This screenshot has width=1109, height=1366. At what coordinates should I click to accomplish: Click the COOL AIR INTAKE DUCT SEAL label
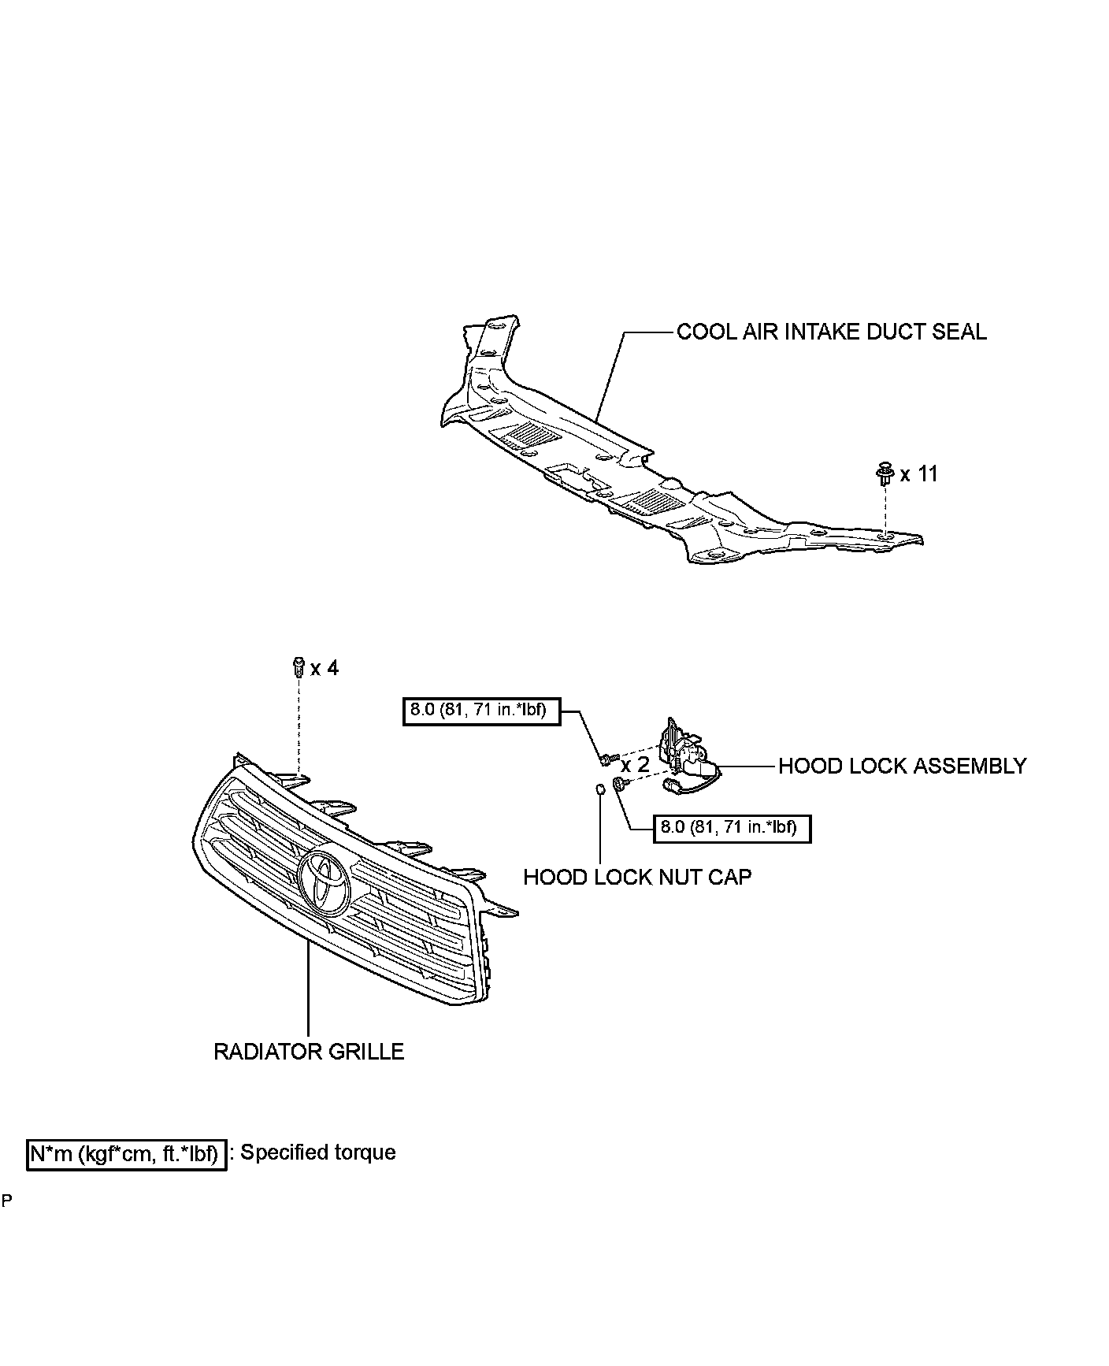tap(831, 332)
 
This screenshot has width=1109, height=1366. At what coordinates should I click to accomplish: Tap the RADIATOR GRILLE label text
tap(309, 1052)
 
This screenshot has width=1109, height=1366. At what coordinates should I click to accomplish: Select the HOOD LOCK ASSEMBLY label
tap(902, 766)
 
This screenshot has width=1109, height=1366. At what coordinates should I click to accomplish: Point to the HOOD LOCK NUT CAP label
tap(637, 877)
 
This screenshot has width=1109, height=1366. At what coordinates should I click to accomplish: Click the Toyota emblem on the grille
tap(324, 882)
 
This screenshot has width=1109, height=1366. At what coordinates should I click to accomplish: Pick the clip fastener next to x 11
tap(885, 474)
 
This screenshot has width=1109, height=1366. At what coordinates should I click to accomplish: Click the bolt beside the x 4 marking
tap(298, 666)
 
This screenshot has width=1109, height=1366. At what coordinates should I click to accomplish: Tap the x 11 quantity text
tap(919, 474)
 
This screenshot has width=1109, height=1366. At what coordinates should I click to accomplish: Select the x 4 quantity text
tap(325, 669)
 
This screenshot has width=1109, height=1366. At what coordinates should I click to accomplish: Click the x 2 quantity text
tap(635, 766)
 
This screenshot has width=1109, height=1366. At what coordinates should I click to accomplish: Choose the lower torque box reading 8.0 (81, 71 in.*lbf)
tap(731, 828)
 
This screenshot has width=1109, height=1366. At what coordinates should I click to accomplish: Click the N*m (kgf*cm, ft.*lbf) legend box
tap(127, 1155)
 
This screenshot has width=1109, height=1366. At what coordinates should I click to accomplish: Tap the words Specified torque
tap(317, 1153)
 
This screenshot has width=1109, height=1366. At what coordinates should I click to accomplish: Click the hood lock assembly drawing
tap(685, 756)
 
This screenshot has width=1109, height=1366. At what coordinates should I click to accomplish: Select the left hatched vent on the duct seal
tap(532, 433)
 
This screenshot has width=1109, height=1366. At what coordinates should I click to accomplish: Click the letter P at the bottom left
tap(6, 1201)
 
